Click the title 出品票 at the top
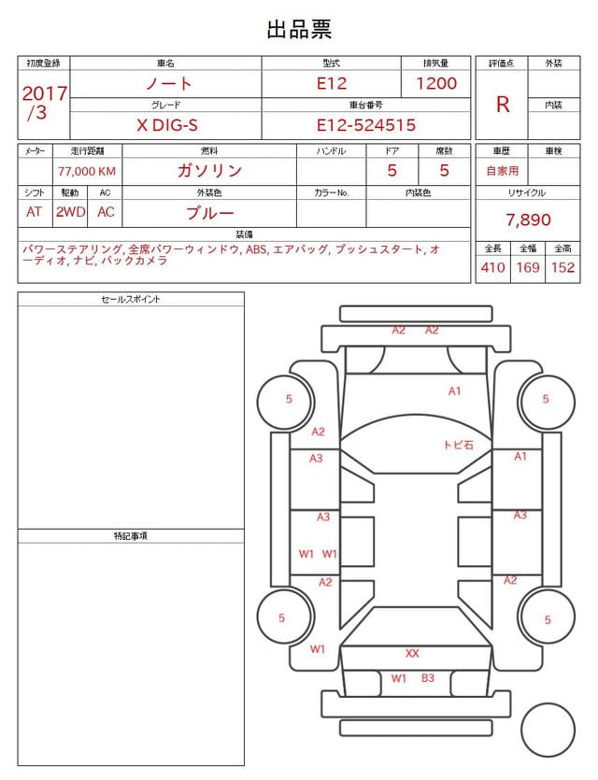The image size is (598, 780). click(299, 29)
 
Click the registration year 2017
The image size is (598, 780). click(44, 93)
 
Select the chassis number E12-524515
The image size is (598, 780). click(365, 125)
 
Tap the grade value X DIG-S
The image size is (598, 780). click(167, 125)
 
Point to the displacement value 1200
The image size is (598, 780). click(435, 83)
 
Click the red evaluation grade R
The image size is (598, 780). click(503, 105)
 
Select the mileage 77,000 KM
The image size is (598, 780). click(87, 172)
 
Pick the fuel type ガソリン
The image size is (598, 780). click(209, 171)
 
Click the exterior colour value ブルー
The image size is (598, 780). click(209, 213)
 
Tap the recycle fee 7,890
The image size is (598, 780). click(528, 220)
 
